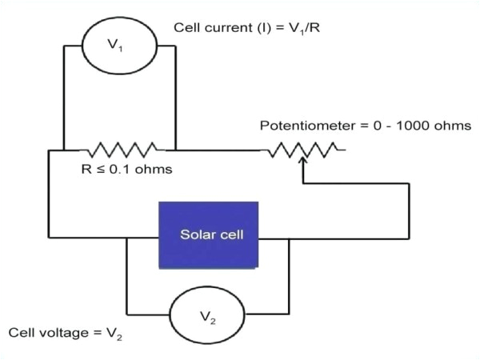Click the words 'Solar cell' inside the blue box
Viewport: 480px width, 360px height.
(209, 235)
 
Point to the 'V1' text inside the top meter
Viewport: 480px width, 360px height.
(116, 46)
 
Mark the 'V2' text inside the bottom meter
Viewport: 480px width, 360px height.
(207, 317)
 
